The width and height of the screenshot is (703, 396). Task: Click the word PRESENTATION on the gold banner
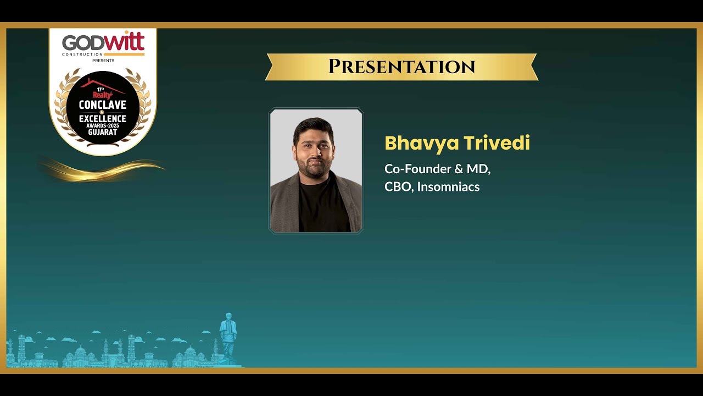pos(401,67)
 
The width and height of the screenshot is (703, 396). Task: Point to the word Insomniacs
pos(448,186)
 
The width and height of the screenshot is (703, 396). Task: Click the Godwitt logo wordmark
pos(103,42)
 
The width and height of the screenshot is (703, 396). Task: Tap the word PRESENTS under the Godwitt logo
pos(103,61)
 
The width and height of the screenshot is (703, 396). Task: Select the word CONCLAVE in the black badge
pos(103,105)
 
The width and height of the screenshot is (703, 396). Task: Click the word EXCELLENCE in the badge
pos(103,118)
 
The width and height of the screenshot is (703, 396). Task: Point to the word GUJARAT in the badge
pos(103,132)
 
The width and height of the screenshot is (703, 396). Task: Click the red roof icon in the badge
pos(102,86)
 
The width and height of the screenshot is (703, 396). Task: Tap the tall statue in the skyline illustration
pos(228,336)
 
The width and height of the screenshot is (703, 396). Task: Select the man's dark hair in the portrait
pos(313,129)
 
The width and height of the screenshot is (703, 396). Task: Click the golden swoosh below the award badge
pos(102,170)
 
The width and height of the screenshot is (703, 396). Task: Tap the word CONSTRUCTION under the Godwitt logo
pos(82,54)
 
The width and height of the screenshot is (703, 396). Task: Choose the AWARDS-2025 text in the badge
pos(103,126)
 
